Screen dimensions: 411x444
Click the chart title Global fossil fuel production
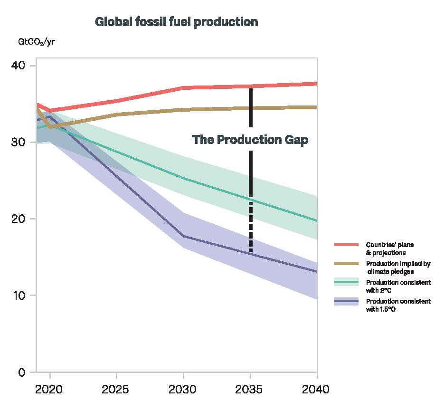coord(176,22)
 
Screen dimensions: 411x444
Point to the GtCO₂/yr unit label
coord(37,42)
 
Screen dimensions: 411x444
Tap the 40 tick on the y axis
coord(18,65)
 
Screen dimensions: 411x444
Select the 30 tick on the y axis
coord(18,142)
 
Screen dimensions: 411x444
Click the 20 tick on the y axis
coord(18,219)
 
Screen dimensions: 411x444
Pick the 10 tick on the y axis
coord(18,296)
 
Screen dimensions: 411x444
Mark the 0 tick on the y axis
coord(22,372)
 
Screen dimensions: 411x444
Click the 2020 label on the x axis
coord(49,390)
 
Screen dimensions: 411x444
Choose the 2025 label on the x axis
coord(116,390)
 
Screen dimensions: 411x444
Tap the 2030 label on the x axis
coord(183,390)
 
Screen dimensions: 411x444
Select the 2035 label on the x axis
coord(250,390)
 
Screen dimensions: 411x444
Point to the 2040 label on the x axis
coord(316,390)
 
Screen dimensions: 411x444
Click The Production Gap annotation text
coord(250,140)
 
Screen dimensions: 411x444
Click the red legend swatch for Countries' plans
coord(346,245)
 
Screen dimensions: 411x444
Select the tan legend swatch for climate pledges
coord(346,264)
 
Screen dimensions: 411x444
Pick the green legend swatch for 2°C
coord(346,282)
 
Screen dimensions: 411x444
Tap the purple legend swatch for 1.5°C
coord(346,301)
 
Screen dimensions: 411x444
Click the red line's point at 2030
coord(183,88)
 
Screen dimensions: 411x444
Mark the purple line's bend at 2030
coord(183,236)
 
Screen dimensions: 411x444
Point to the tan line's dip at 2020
coord(50,127)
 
